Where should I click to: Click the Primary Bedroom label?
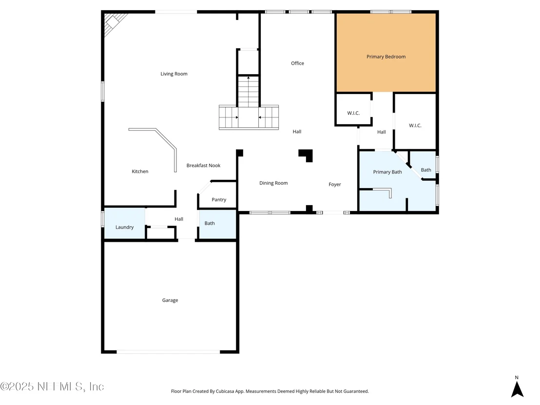[386, 57]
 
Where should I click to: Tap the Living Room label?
[174, 74]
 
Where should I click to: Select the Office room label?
[298, 63]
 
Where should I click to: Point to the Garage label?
[170, 300]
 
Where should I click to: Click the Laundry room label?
[124, 227]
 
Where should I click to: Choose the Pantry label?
[219, 200]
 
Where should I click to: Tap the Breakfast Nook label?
[204, 166]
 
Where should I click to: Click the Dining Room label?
[273, 183]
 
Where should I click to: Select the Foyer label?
[335, 185]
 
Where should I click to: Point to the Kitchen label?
[140, 172]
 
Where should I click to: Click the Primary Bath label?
[387, 172]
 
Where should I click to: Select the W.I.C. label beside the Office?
[353, 113]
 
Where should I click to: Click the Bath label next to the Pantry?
[210, 224]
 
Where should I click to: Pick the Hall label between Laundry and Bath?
[179, 219]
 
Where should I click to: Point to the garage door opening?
[168, 352]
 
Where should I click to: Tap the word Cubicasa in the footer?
[226, 391]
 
